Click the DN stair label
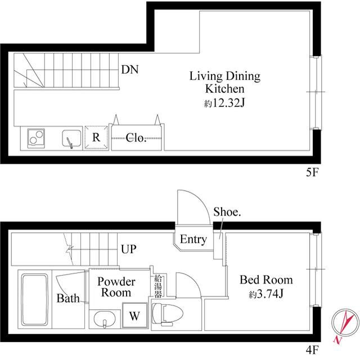click(x=130, y=69)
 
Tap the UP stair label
click(x=129, y=249)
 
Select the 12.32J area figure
click(x=224, y=103)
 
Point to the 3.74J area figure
click(x=266, y=294)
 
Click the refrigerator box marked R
click(x=96, y=137)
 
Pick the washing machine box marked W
click(x=134, y=315)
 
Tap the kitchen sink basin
click(x=71, y=138)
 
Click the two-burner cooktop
click(x=36, y=138)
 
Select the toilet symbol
click(x=167, y=314)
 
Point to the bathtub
click(x=34, y=300)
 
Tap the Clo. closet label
click(x=136, y=138)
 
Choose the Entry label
click(x=193, y=240)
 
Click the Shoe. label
click(x=227, y=211)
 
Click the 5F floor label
click(x=313, y=172)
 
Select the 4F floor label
click(x=313, y=350)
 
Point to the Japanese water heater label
click(x=158, y=286)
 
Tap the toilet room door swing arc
click(x=192, y=280)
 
